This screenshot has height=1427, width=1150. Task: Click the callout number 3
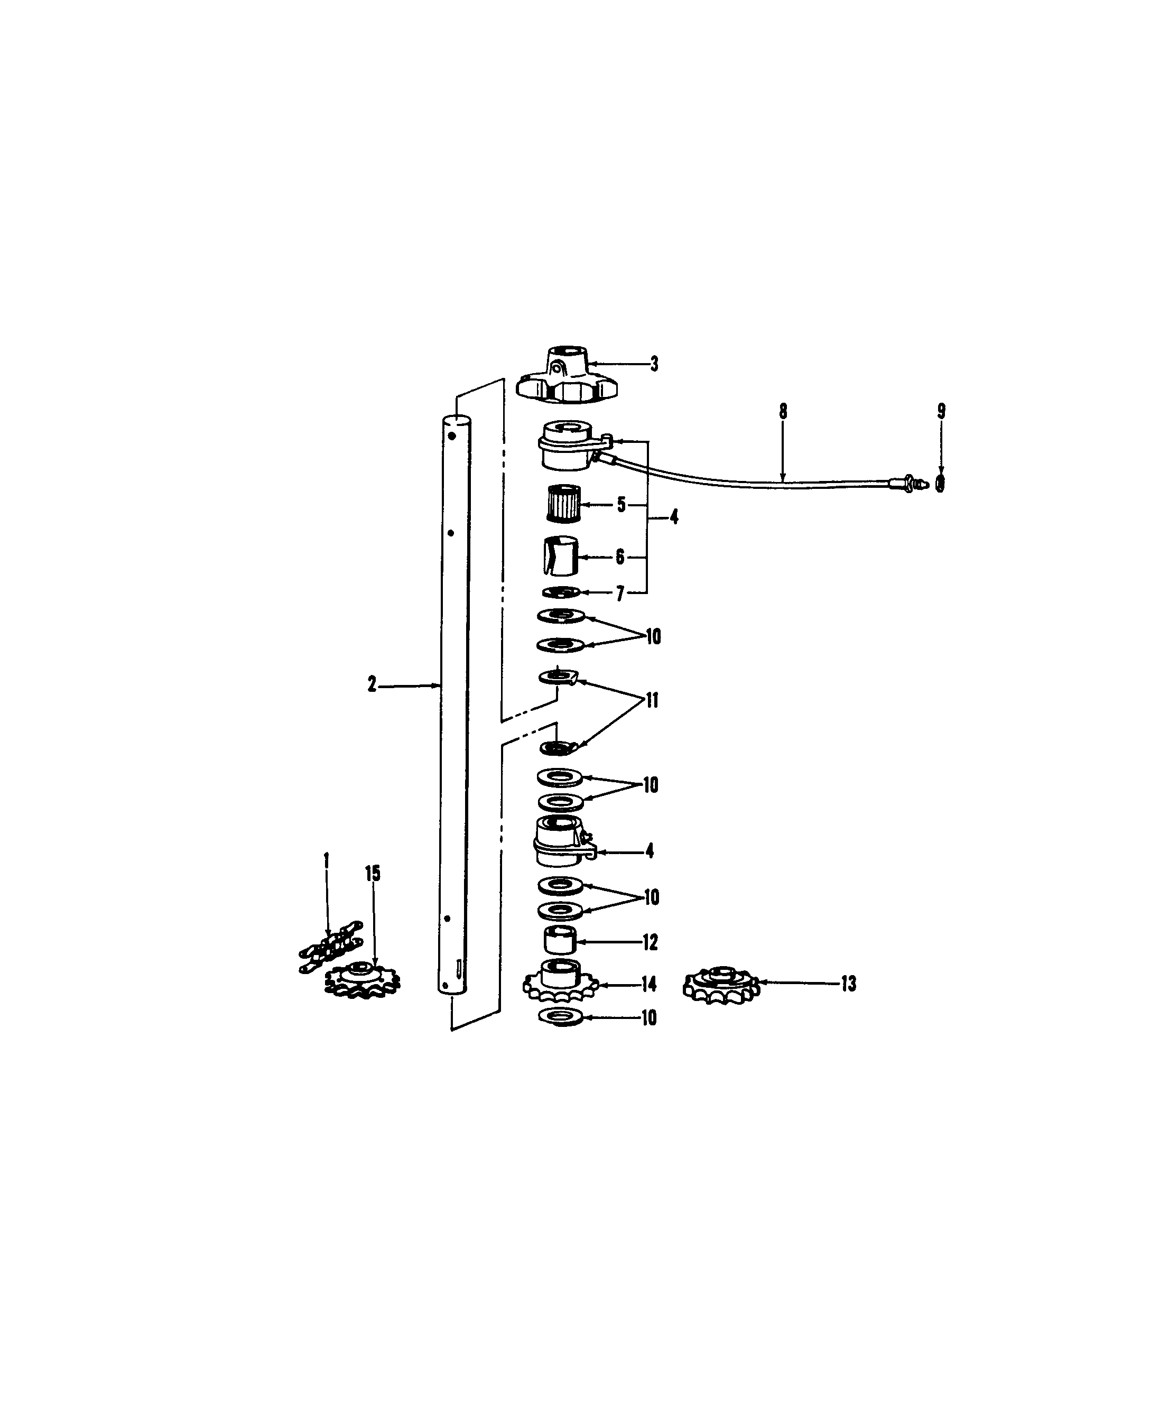(654, 364)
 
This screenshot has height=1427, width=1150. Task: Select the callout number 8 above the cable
(783, 411)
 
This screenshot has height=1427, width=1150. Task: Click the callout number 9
(941, 411)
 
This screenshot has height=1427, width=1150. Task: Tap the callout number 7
(620, 593)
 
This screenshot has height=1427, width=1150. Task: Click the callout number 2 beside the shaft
(372, 685)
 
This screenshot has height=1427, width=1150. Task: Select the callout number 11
(653, 700)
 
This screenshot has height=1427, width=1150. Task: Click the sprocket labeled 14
(560, 984)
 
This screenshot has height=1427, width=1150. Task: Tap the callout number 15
(373, 874)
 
